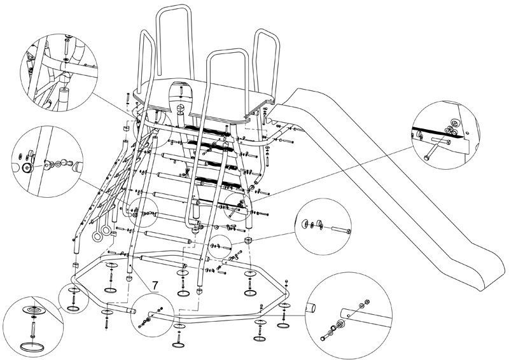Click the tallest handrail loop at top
(172, 38)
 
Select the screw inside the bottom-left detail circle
(31, 327)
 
